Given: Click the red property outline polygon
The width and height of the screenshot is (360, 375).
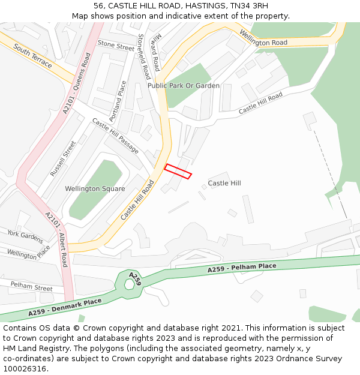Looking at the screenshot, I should [x=178, y=171].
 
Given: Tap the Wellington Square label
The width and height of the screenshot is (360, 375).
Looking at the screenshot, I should [x=95, y=188].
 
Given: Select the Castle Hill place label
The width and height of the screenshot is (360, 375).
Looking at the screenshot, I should [x=224, y=182].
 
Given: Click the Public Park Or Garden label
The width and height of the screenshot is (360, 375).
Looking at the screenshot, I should [x=184, y=86].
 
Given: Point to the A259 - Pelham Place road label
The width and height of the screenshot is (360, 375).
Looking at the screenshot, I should [x=242, y=268].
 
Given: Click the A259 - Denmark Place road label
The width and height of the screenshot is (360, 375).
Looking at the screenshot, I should [x=65, y=306].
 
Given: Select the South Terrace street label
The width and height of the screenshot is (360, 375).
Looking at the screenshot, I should [x=33, y=56].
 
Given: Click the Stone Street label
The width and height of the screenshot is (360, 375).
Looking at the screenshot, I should [x=116, y=46].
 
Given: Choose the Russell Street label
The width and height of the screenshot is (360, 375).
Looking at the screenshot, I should [x=63, y=158].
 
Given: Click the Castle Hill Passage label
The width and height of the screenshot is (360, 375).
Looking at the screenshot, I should [x=115, y=136].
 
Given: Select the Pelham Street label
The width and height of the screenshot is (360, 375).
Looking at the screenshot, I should [x=31, y=286].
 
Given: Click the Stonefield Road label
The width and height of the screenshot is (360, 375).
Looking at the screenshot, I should [x=144, y=56].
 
